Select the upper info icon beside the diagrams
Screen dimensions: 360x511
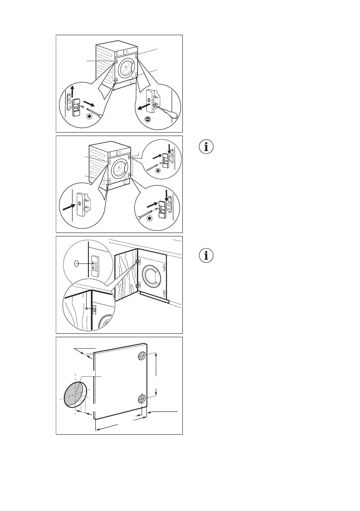[207, 147]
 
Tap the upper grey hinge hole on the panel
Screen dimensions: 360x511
[142, 356]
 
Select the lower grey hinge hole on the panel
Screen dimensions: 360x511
[142, 399]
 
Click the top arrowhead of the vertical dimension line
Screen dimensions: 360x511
[156, 354]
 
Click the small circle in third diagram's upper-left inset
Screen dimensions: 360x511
[76, 275]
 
